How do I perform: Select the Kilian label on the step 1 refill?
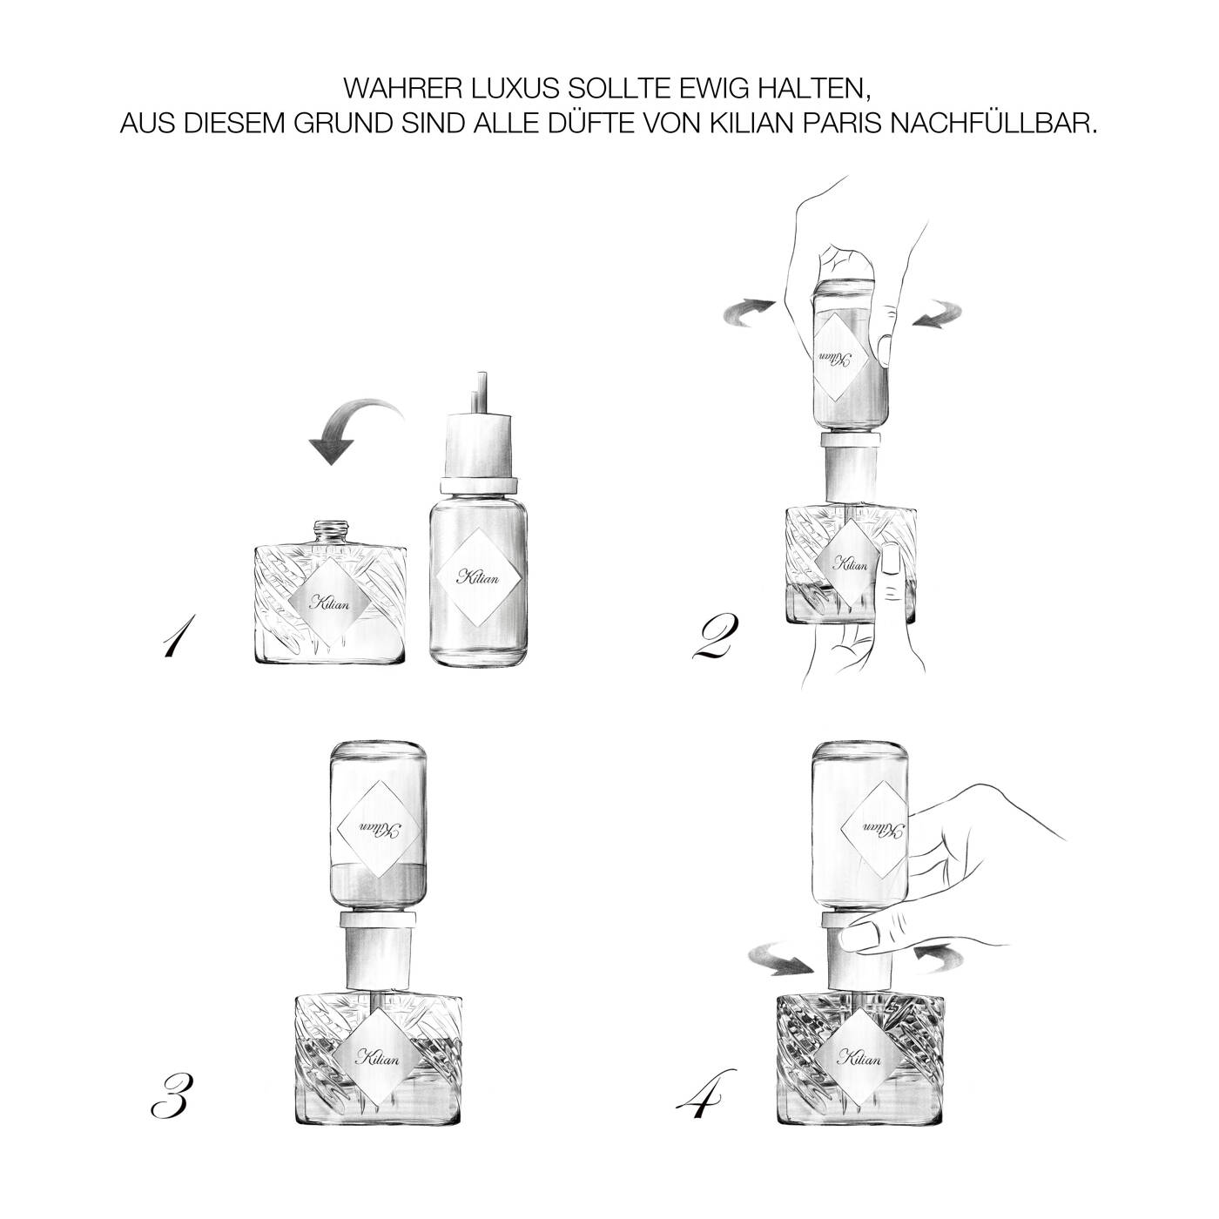[479, 577]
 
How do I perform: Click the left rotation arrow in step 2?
[749, 313]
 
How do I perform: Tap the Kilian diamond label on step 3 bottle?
[378, 1056]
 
